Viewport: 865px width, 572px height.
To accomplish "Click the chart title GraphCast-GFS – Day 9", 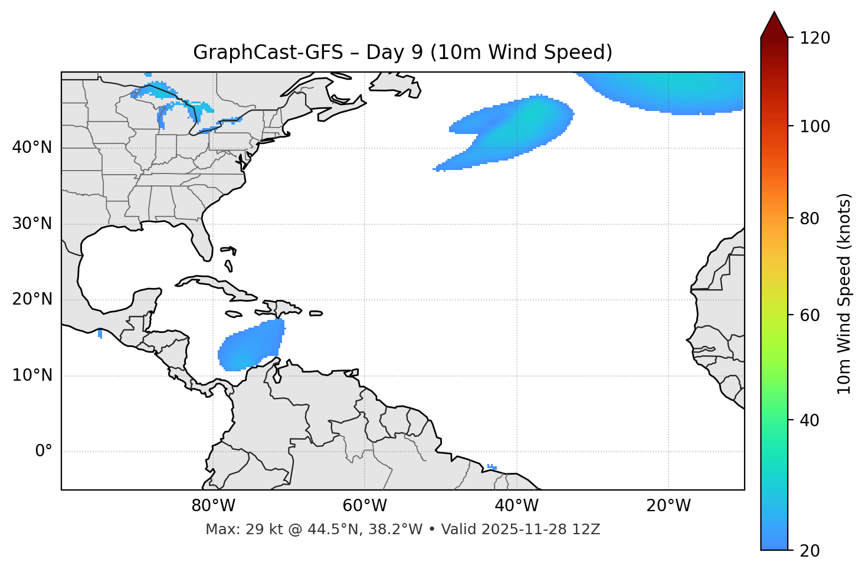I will click(x=402, y=53).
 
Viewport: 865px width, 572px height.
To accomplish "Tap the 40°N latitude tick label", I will click(x=32, y=148).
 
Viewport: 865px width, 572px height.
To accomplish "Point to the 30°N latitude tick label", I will click(x=32, y=224).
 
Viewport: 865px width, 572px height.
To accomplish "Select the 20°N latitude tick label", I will click(x=32, y=299).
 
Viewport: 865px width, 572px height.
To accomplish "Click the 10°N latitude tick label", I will click(x=32, y=375).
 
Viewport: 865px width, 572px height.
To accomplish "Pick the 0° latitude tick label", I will click(x=44, y=452).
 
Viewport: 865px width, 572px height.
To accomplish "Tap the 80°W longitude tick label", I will click(x=213, y=506).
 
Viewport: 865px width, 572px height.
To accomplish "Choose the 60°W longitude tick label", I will click(x=365, y=506).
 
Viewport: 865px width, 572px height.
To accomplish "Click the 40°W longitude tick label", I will click(x=516, y=506).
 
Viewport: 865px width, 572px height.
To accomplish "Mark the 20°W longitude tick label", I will click(x=668, y=506).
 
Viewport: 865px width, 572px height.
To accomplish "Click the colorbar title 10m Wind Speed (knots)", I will click(x=844, y=293).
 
